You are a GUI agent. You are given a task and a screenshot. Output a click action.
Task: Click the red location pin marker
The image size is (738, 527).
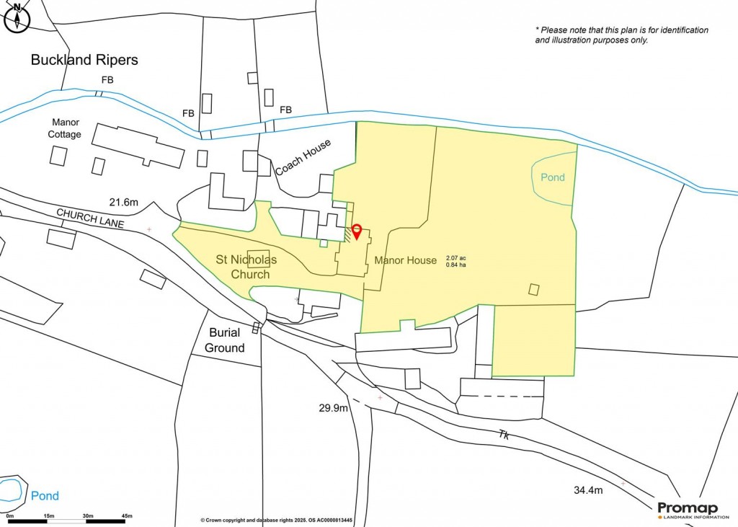(357, 231)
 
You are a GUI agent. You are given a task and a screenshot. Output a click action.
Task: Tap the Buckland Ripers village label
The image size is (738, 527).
(84, 60)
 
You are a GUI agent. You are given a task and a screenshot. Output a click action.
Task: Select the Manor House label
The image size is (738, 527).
(406, 260)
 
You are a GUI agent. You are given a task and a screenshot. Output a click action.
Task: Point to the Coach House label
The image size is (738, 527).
(303, 158)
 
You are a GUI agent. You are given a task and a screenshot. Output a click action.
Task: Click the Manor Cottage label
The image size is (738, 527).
(65, 129)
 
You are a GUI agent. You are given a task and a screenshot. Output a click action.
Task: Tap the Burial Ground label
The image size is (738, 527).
(225, 340)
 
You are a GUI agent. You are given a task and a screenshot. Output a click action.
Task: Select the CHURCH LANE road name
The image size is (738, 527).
(90, 219)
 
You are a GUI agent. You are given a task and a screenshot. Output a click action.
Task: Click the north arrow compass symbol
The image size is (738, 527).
(16, 17)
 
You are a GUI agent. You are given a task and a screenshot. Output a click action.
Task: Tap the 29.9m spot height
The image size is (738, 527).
(334, 409)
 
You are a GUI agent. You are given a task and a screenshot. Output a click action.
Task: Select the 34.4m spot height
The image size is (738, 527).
(587, 491)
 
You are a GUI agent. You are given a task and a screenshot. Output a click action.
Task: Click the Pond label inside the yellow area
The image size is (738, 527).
(553, 177)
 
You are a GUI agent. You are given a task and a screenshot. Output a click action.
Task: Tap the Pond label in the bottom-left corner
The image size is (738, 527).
(45, 496)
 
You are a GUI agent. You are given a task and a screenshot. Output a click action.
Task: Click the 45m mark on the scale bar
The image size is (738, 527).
(127, 516)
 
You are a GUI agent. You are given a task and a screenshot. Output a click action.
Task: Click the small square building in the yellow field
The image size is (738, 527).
(534, 289)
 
